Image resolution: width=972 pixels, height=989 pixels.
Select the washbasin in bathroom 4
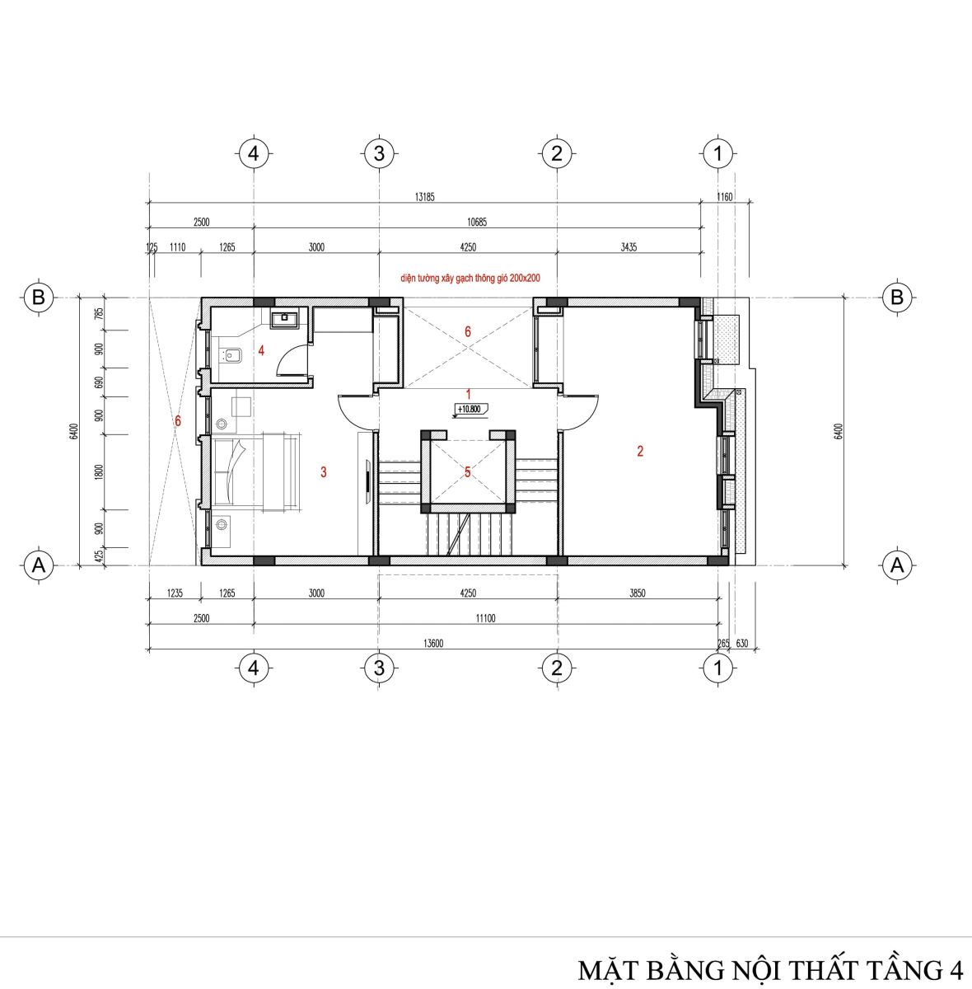[x=284, y=318]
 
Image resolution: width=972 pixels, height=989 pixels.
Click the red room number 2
[x=640, y=451]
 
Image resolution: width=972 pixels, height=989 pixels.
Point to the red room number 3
[x=324, y=471]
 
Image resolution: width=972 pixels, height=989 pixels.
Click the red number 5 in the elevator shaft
[x=468, y=471]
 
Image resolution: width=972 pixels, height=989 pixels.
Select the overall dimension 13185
[x=424, y=197]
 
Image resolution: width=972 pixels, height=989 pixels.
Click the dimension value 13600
[x=433, y=643]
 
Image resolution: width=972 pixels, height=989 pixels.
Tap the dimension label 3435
[x=629, y=247]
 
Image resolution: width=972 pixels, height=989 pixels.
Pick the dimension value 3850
[x=638, y=593]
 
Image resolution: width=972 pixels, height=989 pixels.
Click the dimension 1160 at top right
[x=725, y=197]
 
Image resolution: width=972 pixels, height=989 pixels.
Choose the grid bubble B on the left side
[x=39, y=298]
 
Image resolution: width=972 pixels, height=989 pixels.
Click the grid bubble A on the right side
[x=896, y=565]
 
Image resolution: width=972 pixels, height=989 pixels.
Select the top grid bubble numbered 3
[x=379, y=153]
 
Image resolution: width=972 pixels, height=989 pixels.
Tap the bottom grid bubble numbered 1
[x=718, y=668]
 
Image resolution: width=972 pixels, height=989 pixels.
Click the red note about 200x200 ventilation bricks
[x=470, y=279]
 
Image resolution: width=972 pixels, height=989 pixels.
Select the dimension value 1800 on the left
[x=100, y=471]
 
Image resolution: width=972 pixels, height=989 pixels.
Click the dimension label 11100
[x=485, y=618]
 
